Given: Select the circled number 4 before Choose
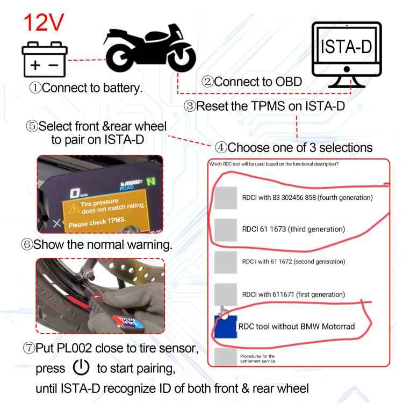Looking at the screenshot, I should [220, 147].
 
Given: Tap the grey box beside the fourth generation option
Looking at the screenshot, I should [225, 197].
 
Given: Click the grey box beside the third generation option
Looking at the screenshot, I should [225, 229].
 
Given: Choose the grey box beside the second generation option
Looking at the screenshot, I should [225, 261].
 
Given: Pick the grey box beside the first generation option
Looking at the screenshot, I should [225, 294].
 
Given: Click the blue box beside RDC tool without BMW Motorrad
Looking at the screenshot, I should [225, 325].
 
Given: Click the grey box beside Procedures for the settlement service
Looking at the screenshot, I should [225, 356].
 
